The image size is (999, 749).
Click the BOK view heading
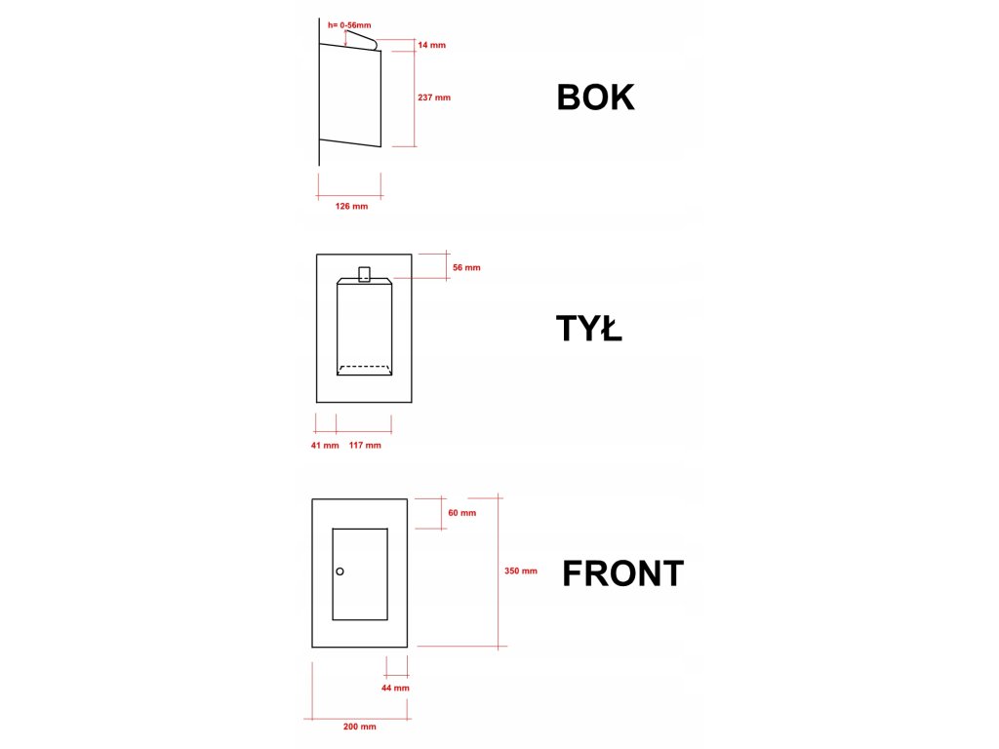pyautogui.click(x=595, y=98)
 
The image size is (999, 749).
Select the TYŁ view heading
pyautogui.click(x=589, y=331)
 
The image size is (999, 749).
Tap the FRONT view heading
pyautogui.click(x=622, y=573)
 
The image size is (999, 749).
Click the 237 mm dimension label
pyautogui.click(x=433, y=98)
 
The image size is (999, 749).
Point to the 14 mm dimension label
pyautogui.click(x=431, y=45)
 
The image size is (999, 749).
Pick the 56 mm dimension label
pyautogui.click(x=466, y=267)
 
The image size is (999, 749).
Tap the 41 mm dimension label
pyautogui.click(x=324, y=446)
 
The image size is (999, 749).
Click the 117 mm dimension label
pyautogui.click(x=365, y=446)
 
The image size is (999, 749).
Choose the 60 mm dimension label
pyautogui.click(x=461, y=513)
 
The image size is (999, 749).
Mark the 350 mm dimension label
pyautogui.click(x=521, y=572)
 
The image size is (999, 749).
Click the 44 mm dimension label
pyautogui.click(x=395, y=688)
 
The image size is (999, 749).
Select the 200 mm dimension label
pyautogui.click(x=361, y=727)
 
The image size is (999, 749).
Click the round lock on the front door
pyautogui.click(x=340, y=572)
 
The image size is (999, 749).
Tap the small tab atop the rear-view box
pyautogui.click(x=365, y=273)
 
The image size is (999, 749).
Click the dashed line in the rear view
pyautogui.click(x=365, y=367)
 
